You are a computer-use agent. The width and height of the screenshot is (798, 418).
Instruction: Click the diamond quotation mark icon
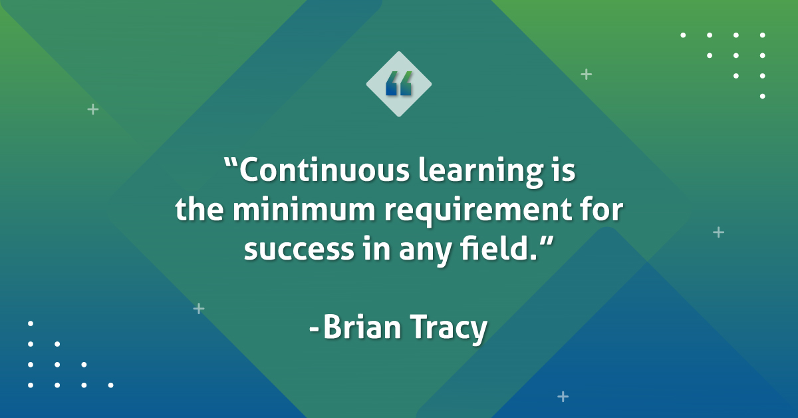coord(399,84)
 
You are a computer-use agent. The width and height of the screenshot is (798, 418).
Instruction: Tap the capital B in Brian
coord(332,328)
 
